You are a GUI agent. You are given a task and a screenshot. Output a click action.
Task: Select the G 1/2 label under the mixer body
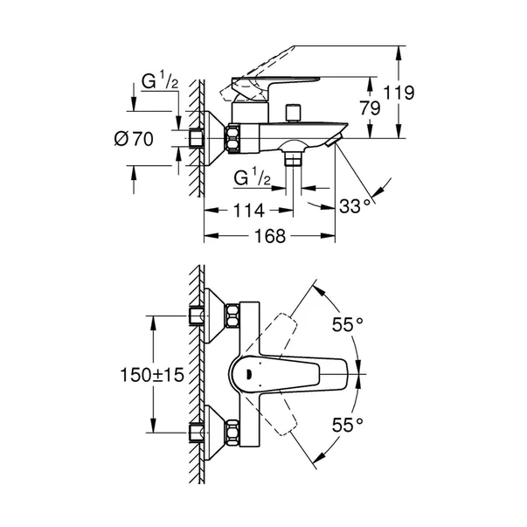(x=251, y=177)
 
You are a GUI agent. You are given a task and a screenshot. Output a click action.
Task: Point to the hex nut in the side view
(x=235, y=137)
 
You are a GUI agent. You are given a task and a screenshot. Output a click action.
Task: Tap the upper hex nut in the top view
(x=234, y=316)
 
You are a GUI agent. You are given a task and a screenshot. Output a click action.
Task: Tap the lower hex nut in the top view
(x=234, y=430)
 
